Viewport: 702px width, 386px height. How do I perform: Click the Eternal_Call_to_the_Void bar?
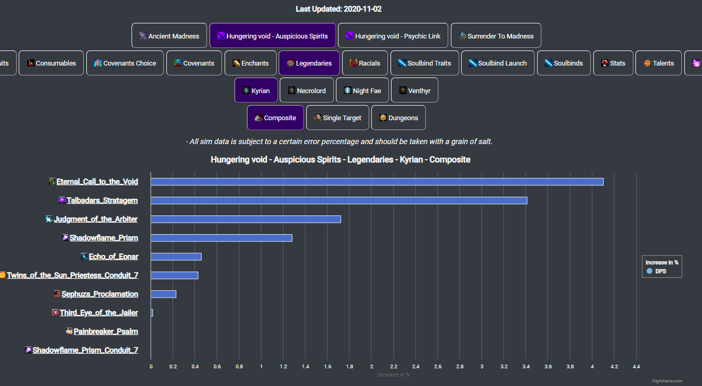pyautogui.click(x=377, y=182)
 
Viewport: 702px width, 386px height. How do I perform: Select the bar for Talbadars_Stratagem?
pyautogui.click(x=339, y=200)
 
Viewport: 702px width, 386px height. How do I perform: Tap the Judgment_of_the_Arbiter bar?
pyautogui.click(x=246, y=219)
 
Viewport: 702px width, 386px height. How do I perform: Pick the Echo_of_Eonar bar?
pyautogui.click(x=176, y=256)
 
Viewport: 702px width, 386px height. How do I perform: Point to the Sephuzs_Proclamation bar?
pyautogui.click(x=163, y=294)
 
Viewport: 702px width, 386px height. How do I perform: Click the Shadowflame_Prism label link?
pyautogui.click(x=103, y=238)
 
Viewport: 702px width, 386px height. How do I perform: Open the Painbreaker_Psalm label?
pyautogui.click(x=106, y=331)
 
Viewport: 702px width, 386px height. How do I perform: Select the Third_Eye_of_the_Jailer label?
pyautogui.click(x=99, y=313)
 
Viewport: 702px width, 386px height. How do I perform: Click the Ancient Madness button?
pyautogui.click(x=169, y=36)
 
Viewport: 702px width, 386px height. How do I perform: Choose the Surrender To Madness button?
pyautogui.click(x=496, y=36)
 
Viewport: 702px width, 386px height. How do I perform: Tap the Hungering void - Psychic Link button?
pyautogui.click(x=393, y=36)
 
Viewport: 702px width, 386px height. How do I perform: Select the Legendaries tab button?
pyautogui.click(x=309, y=63)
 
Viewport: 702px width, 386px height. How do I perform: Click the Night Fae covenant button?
pyautogui.click(x=362, y=91)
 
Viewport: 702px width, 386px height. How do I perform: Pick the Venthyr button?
pyautogui.click(x=414, y=91)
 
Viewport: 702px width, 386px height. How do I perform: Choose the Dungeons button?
pyautogui.click(x=398, y=118)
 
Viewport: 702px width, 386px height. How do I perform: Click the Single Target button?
pyautogui.click(x=337, y=118)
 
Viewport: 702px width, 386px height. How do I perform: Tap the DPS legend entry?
pyautogui.click(x=660, y=272)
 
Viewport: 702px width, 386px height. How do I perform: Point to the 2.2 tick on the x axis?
pyautogui.click(x=393, y=367)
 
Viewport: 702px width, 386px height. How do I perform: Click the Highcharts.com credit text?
pyautogui.click(x=667, y=381)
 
